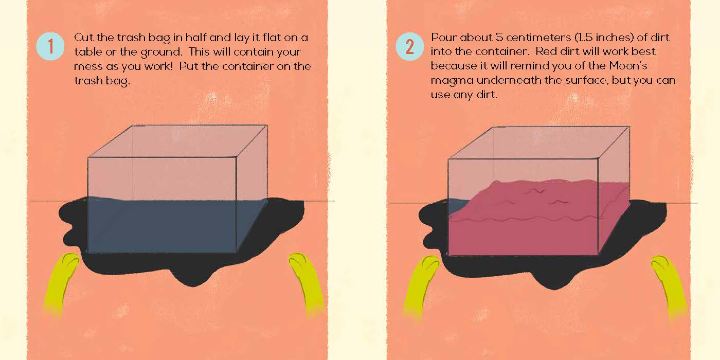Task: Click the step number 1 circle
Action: coord(50,46)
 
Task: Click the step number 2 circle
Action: coord(409,46)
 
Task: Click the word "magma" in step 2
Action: coord(452,81)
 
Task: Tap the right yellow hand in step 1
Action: coord(307,283)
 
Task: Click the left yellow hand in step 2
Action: coord(422,286)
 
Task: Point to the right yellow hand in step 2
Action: coord(669,286)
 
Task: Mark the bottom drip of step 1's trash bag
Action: coord(193,279)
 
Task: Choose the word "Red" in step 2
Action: coord(547,51)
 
